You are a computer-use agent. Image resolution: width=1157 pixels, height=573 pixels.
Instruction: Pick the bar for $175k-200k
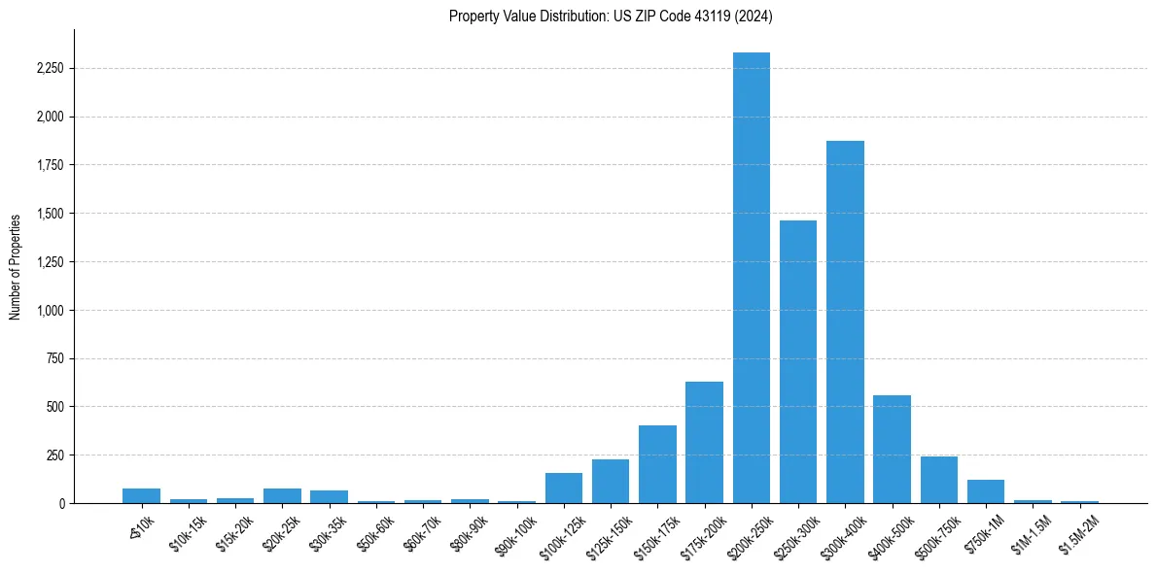tap(704, 442)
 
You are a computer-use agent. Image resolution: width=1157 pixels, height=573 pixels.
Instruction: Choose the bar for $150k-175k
tap(657, 464)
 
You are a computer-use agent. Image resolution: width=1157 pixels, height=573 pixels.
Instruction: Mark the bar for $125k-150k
tap(611, 481)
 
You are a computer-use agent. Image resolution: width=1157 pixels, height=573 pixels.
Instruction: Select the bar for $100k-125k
tap(564, 488)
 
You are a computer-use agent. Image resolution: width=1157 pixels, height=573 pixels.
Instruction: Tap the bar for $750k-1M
tap(986, 491)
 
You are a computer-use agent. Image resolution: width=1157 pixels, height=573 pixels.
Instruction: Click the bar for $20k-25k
tap(282, 495)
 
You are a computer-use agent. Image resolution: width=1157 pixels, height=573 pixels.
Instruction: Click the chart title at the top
tap(611, 16)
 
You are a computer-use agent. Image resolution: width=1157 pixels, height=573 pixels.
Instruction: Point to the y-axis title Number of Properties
tap(16, 266)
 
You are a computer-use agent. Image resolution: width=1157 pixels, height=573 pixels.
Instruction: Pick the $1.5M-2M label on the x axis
tap(1077, 531)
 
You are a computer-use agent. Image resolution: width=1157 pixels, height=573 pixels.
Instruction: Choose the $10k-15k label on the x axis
tap(187, 530)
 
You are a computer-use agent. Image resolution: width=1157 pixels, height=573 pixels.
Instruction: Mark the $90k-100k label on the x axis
tap(515, 531)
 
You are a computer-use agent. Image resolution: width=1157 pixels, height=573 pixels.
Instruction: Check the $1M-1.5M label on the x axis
tap(1031, 531)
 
